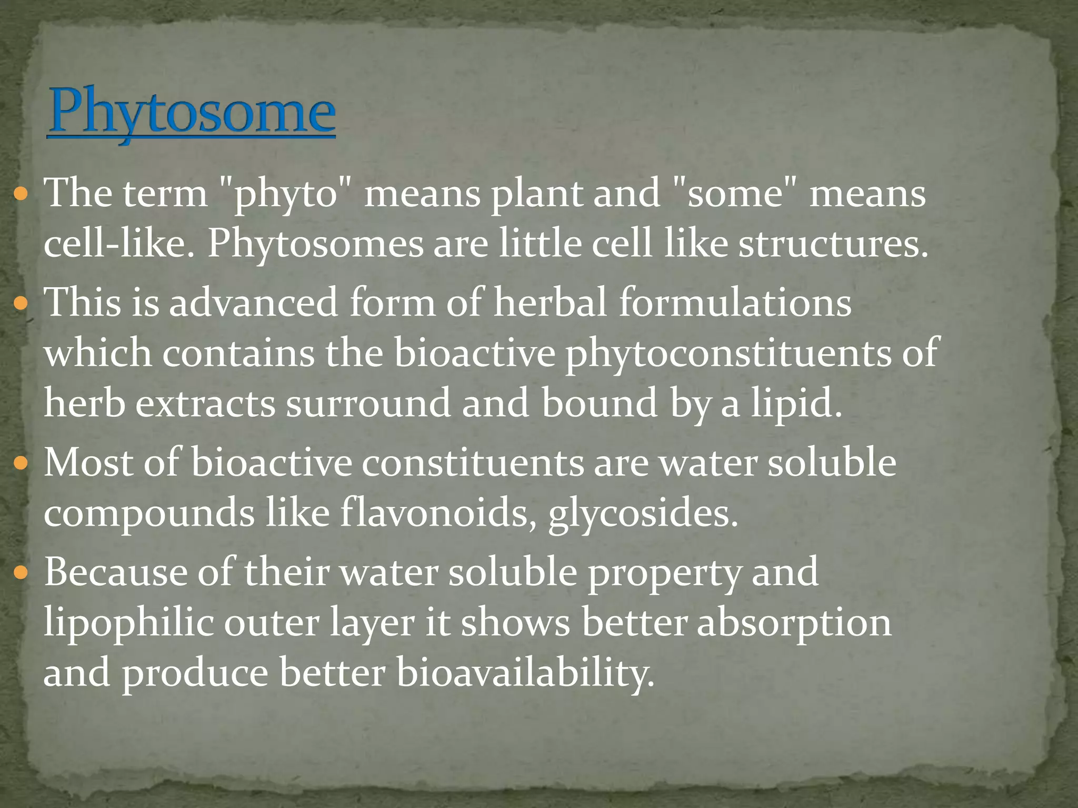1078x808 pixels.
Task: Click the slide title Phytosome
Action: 191,112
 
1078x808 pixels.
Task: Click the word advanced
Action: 253,303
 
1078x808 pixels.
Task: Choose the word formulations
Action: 735,303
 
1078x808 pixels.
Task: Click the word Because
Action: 115,572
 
